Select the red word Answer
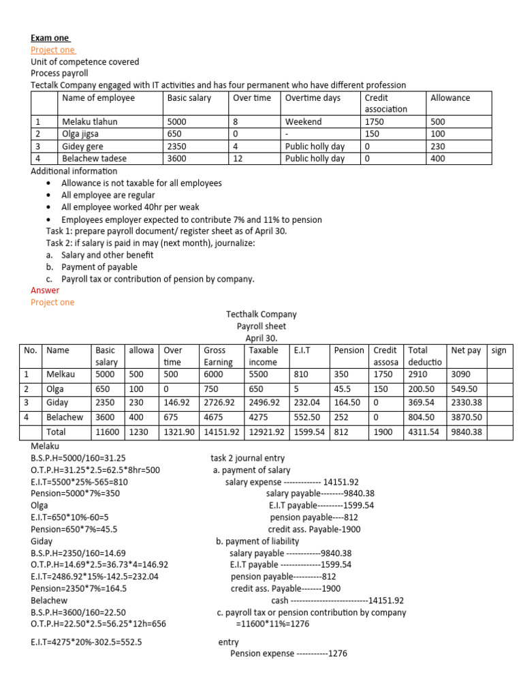(x=45, y=290)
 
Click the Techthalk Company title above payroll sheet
(x=261, y=314)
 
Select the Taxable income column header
(x=264, y=356)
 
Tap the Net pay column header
(x=466, y=350)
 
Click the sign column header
(x=498, y=350)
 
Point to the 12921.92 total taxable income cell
(x=267, y=432)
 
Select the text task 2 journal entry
(x=248, y=458)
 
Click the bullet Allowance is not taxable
(x=141, y=183)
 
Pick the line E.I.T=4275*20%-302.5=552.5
(x=86, y=642)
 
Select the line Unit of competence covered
(x=84, y=62)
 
